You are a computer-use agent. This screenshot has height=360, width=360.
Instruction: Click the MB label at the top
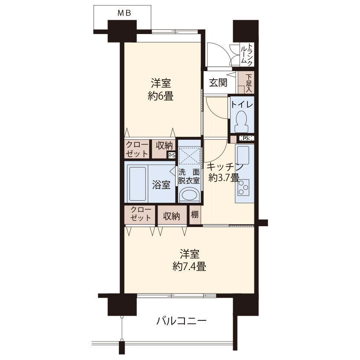pyautogui.click(x=124, y=13)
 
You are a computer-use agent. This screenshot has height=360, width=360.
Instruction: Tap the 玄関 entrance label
pyautogui.click(x=218, y=83)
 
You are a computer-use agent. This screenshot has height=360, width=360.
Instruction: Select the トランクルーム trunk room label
pyautogui.click(x=247, y=54)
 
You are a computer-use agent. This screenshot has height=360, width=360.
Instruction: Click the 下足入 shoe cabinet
pyautogui.click(x=246, y=82)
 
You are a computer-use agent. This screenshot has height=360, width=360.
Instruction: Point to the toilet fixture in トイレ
pyautogui.click(x=242, y=122)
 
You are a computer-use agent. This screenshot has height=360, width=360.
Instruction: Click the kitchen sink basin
pyautogui.click(x=243, y=156)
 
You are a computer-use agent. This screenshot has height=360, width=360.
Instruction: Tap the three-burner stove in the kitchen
pyautogui.click(x=243, y=187)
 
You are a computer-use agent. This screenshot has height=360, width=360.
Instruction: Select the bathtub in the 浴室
pyautogui.click(x=138, y=184)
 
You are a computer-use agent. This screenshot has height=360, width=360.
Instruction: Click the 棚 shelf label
pyautogui.click(x=195, y=215)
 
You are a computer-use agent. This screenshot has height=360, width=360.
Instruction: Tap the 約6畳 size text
pyautogui.click(x=161, y=96)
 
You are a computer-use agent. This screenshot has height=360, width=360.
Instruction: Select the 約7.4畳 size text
pyautogui.click(x=189, y=266)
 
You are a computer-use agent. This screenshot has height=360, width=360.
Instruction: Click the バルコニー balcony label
pyautogui.click(x=181, y=321)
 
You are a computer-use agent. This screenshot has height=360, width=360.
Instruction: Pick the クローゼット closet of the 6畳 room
pyautogui.click(x=137, y=149)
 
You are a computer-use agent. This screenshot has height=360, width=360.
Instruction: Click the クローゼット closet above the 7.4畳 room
pyautogui.click(x=141, y=214)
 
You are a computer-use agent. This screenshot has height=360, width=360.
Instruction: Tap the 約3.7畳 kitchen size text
pyautogui.click(x=224, y=178)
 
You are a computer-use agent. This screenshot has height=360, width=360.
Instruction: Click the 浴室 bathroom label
pyautogui.click(x=161, y=184)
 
